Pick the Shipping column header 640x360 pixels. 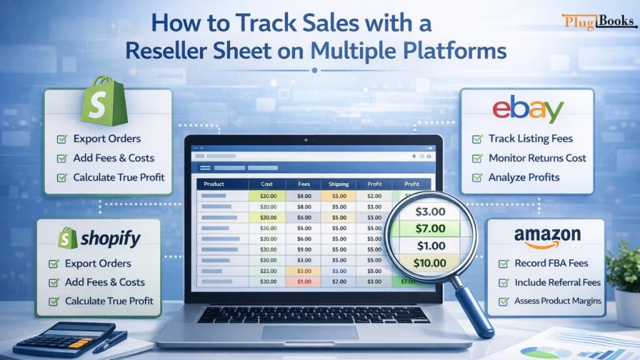click(x=338, y=184)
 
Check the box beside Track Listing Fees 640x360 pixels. click(x=477, y=139)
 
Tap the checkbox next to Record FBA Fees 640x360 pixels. click(x=504, y=263)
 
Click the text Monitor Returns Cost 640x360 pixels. click(x=537, y=158)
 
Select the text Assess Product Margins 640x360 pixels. click(x=557, y=301)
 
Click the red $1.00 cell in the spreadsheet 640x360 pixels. click(x=304, y=281)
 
